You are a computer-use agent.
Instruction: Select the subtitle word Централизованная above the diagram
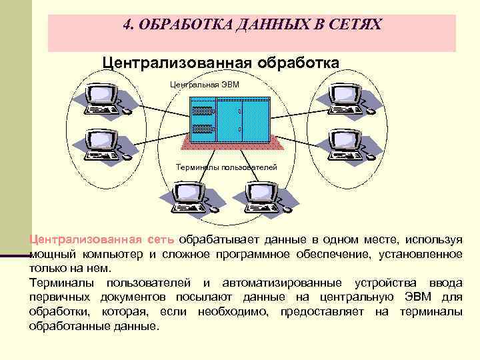click(x=177, y=62)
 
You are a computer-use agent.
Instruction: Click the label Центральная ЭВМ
click(x=204, y=85)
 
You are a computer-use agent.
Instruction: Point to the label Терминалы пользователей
click(x=226, y=167)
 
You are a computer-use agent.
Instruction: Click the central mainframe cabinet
click(x=230, y=119)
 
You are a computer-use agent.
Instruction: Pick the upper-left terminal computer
click(x=103, y=99)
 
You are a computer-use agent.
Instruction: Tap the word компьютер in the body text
click(x=113, y=254)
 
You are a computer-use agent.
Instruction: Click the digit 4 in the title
click(x=127, y=25)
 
